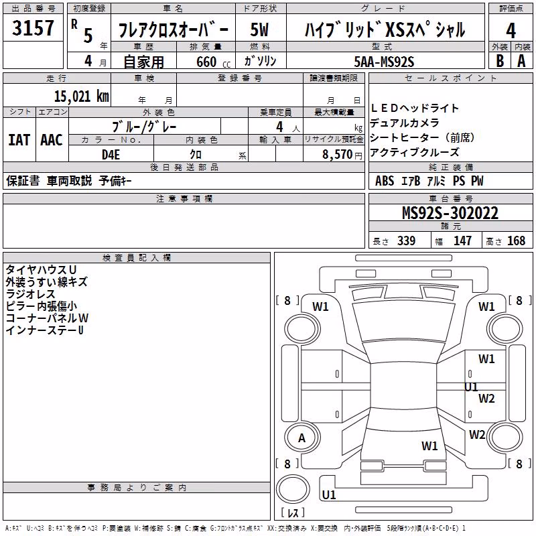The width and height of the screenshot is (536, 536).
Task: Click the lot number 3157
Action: coord(33,27)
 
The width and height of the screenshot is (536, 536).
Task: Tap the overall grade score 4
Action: coord(511,31)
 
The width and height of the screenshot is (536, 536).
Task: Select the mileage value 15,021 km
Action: coord(82,96)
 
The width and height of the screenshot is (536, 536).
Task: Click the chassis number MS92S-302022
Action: coord(450,213)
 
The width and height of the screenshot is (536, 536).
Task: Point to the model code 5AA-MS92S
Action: coord(384,62)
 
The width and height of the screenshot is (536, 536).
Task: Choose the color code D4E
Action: coord(111,155)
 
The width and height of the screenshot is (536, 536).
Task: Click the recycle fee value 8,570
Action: coord(337,154)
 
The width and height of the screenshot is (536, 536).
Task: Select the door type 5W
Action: coord(259,29)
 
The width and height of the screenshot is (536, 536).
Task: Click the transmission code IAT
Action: coord(19,140)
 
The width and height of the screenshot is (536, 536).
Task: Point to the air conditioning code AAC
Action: coord(52,140)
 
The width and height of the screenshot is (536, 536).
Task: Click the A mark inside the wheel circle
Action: coord(301,438)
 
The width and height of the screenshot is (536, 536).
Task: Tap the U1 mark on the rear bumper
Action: coord(329,494)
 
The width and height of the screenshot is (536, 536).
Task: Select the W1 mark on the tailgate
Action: coord(429,446)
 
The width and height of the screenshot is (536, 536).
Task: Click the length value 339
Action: coord(406,241)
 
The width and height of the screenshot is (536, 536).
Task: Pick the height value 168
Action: coord(516,241)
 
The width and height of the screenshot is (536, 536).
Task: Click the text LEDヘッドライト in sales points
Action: coord(414,109)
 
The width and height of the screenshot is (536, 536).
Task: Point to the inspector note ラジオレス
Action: coord(30,294)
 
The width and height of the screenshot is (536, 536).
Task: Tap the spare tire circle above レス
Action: coord(293,489)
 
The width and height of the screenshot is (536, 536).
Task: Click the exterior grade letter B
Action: coord(500,61)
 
